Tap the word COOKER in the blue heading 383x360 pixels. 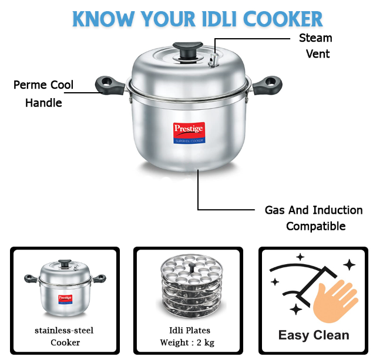click(x=283, y=19)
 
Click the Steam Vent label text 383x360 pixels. click(x=316, y=46)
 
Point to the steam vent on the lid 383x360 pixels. click(x=213, y=60)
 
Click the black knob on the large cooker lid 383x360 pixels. click(x=188, y=51)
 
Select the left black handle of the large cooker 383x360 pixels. click(x=109, y=85)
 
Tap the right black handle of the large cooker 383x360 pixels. click(x=267, y=85)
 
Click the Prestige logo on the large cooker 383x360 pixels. click(x=189, y=133)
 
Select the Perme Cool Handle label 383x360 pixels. click(x=43, y=94)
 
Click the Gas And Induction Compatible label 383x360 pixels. click(x=314, y=218)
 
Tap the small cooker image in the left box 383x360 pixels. click(x=65, y=288)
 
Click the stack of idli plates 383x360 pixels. click(x=191, y=286)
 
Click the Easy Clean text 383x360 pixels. click(x=314, y=335)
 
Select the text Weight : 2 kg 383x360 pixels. click(x=187, y=342)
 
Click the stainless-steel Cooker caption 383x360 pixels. click(x=64, y=337)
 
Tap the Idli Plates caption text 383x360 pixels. click(x=190, y=330)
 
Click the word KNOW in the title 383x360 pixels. click(x=103, y=19)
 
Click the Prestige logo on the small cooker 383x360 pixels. click(x=65, y=299)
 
